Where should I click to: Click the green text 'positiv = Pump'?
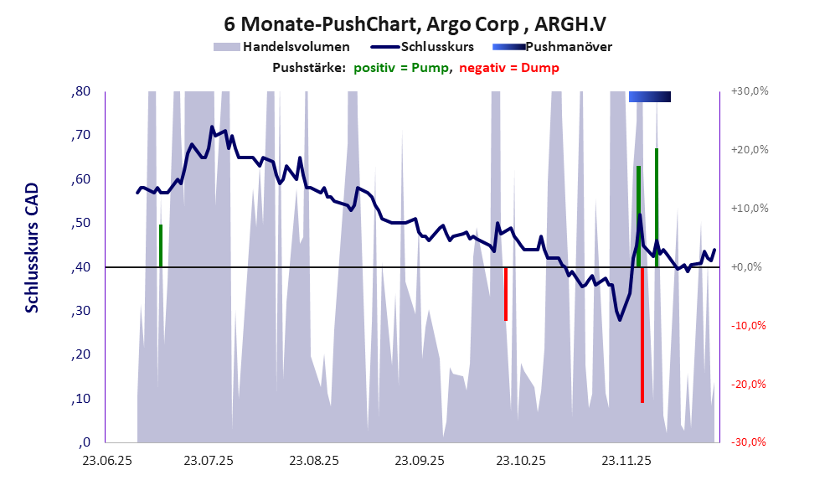402,68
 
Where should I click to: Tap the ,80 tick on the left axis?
81,91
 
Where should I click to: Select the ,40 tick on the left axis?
81,267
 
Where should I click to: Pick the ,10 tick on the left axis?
81,399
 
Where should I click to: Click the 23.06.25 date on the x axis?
106,460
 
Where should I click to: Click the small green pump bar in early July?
160,245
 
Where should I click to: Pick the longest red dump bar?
642,335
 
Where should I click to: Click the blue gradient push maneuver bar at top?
650,96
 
